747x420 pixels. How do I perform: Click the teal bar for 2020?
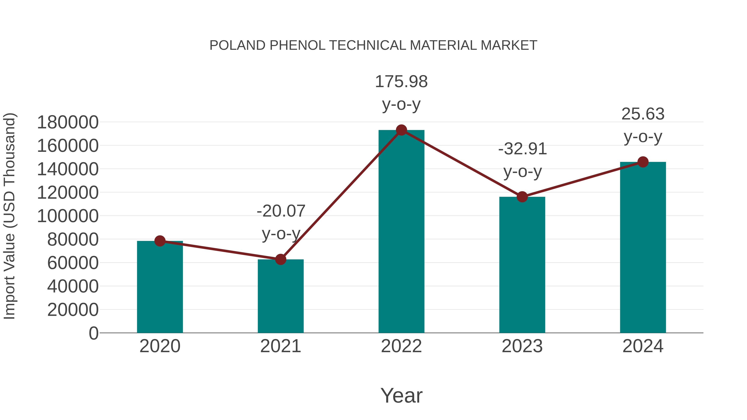tap(160, 287)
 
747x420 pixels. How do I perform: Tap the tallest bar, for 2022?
tap(401, 232)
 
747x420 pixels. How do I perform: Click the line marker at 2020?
tap(160, 241)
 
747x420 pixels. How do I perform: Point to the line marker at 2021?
tap(280, 259)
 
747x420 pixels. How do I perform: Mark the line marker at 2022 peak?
tap(401, 130)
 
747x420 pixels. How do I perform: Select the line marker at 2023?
tap(522, 197)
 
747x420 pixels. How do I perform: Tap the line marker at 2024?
tap(643, 162)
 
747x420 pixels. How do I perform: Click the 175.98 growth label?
tap(401, 82)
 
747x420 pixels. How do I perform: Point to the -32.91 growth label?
tap(522, 149)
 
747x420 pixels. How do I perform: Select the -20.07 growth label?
tap(281, 211)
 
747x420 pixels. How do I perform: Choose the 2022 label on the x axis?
tap(401, 346)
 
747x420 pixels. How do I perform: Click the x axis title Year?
tap(401, 395)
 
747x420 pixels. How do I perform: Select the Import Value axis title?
tap(9, 216)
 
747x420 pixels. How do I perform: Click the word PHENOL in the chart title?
tap(297, 45)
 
